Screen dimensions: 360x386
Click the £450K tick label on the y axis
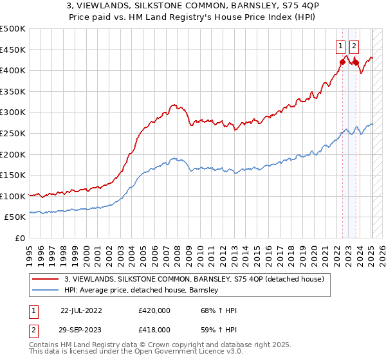[13, 50]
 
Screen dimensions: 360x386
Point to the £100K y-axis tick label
[13, 196]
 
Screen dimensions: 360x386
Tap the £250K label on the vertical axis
[13, 133]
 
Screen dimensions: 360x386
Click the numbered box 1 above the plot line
[340, 46]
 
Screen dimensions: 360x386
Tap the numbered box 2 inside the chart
[354, 46]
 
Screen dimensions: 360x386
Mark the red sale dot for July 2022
[342, 62]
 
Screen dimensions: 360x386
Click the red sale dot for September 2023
[356, 62]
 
